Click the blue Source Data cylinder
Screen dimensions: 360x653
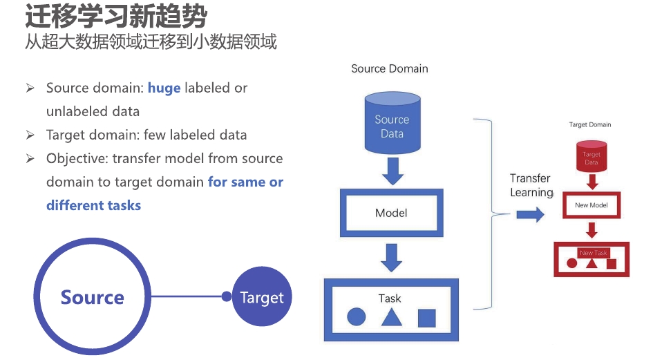point(391,125)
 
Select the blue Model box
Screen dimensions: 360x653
point(391,213)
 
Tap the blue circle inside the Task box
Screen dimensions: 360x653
point(356,317)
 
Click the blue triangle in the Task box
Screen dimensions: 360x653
point(391,317)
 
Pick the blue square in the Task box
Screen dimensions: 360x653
point(427,318)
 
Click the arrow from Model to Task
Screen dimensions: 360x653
point(392,256)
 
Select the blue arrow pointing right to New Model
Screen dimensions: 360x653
point(530,215)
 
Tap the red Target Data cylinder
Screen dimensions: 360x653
point(592,157)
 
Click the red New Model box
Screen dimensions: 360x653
point(591,205)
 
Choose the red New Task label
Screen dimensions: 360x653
point(593,253)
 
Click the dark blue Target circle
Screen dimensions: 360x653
point(262,298)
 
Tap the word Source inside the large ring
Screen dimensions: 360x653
point(92,298)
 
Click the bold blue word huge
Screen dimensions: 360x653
point(164,88)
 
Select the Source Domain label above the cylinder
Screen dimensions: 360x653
point(390,68)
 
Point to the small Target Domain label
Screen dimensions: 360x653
point(590,125)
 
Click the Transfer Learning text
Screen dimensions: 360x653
point(531,185)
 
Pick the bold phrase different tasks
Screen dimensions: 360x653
point(93,205)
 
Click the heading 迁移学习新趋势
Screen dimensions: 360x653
point(116,16)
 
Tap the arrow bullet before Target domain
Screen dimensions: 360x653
point(30,135)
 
